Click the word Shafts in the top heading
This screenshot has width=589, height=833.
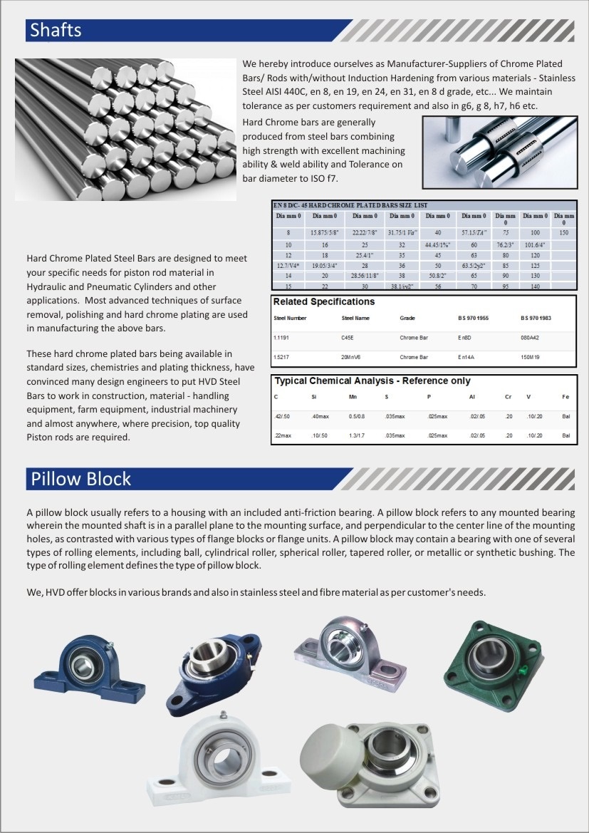pyautogui.click(x=56, y=30)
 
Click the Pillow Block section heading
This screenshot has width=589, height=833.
pyautogui.click(x=80, y=478)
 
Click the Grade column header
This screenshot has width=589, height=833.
pyautogui.click(x=407, y=318)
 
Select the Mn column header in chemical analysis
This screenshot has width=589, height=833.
pyautogui.click(x=352, y=397)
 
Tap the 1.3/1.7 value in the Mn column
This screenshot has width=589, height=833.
pyautogui.click(x=356, y=435)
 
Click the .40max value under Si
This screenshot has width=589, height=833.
pyautogui.click(x=319, y=416)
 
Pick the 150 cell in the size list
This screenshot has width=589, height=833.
pyautogui.click(x=564, y=232)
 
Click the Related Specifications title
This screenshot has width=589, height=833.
pyautogui.click(x=324, y=301)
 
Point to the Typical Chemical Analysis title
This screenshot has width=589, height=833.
pyautogui.click(x=372, y=381)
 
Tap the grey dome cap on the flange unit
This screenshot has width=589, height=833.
pyautogui.click(x=330, y=750)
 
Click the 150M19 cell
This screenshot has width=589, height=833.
pyautogui.click(x=531, y=356)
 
